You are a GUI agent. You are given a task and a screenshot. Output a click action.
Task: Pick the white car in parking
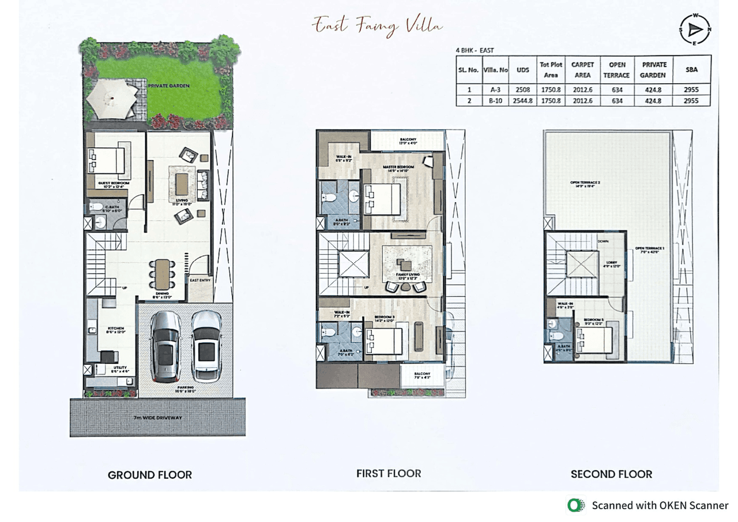point(206,345)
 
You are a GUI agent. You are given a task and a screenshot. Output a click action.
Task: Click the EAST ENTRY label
point(199,281)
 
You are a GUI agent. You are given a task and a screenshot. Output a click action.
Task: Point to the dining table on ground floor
point(162,274)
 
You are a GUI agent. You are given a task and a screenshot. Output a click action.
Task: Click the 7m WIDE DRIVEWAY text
point(157,417)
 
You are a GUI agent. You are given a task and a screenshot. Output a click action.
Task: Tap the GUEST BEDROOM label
point(113,183)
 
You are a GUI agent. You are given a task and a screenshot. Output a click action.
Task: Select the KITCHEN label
point(115,328)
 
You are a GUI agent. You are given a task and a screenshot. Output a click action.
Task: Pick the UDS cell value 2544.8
point(523,100)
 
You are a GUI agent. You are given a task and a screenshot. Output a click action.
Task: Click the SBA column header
point(691,69)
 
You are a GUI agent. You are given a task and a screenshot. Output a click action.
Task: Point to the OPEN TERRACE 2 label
point(585,183)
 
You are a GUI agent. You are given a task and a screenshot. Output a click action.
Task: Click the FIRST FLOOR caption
point(388,473)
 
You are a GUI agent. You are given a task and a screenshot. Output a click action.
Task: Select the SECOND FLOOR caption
point(611,474)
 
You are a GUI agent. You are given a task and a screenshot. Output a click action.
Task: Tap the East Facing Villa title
point(378,25)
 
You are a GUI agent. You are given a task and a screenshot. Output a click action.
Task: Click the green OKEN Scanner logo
point(575,505)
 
